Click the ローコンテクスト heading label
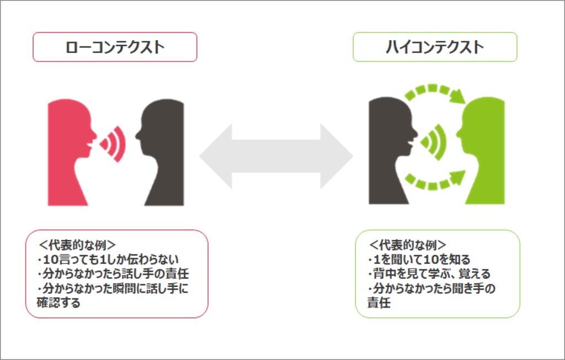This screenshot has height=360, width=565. (x=115, y=47)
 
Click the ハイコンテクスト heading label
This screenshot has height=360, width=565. (x=435, y=47)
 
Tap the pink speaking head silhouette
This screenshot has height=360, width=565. (x=69, y=149)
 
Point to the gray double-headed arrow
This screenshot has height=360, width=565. (x=276, y=156)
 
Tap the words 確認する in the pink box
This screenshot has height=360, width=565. (x=58, y=303)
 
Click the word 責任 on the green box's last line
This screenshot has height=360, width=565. (x=379, y=303)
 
